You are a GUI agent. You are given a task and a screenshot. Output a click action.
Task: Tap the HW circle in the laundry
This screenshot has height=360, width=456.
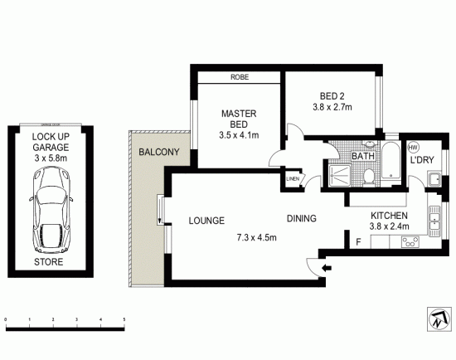point(413,148)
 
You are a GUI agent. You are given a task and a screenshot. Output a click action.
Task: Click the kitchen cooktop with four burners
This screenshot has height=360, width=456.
point(410,243)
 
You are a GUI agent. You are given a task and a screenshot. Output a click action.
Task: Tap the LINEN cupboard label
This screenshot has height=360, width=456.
point(293,179)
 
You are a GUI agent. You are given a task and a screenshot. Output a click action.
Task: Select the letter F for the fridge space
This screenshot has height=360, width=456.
point(357,243)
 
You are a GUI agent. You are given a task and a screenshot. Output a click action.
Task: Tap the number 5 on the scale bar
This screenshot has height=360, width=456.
point(124,319)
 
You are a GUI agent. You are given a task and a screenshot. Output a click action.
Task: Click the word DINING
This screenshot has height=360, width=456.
point(303,220)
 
